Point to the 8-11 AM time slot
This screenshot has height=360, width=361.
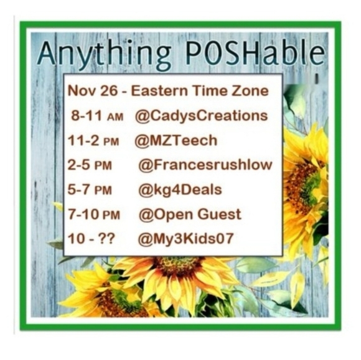pos(97,116)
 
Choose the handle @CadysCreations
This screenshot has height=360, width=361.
pos(204,116)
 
